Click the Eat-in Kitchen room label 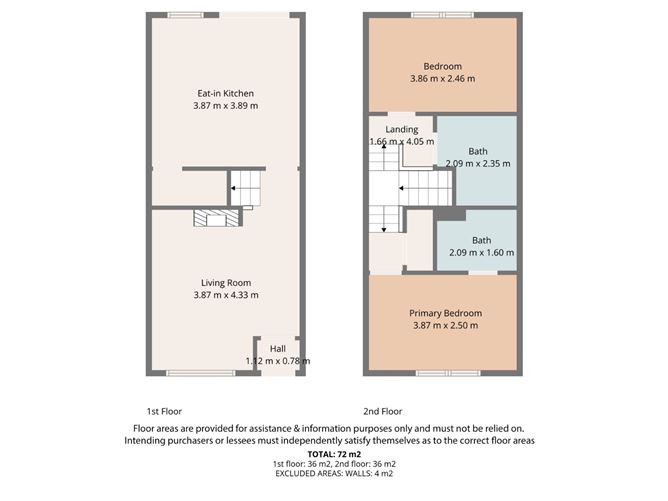224,94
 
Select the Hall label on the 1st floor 277,349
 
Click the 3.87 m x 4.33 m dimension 224,295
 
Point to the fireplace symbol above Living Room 217,218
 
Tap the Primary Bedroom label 443,313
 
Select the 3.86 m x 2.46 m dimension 443,79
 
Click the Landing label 402,130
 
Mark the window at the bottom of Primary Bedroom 443,374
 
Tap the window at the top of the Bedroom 443,14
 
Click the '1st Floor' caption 164,411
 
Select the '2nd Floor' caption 382,411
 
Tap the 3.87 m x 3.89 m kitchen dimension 224,106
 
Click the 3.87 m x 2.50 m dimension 443,325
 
